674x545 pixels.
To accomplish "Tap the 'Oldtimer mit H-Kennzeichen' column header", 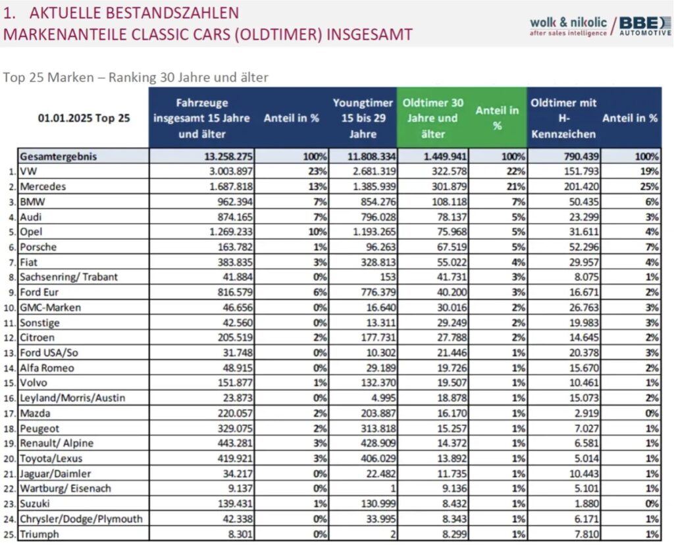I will tap(563, 118).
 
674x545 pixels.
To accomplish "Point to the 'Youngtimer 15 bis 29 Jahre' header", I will tap(363, 118).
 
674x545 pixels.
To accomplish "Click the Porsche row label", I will tap(39, 247).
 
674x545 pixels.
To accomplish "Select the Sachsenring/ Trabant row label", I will tap(69, 276).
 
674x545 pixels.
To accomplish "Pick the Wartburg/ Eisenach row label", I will tap(66, 488).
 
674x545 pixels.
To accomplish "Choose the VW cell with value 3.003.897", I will tap(226, 172).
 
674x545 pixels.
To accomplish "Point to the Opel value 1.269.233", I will tap(226, 232).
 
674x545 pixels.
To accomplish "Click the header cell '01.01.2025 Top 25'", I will tap(84, 118).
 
